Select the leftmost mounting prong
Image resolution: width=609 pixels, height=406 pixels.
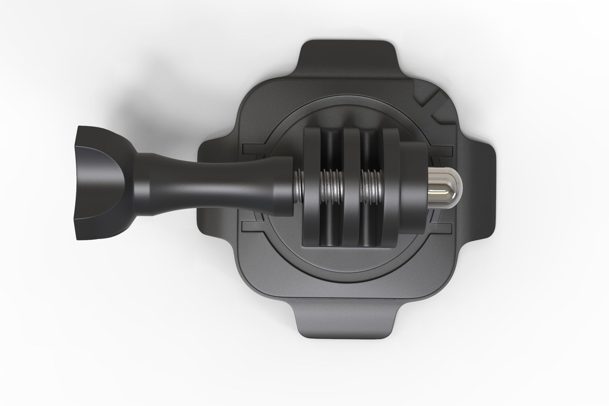point(312,187)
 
